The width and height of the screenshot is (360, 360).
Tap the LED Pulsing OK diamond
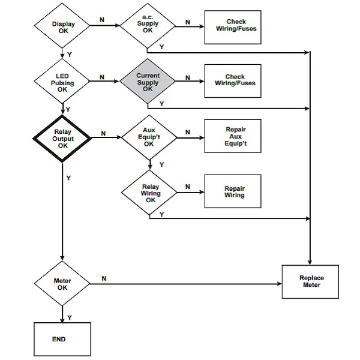(x=62, y=83)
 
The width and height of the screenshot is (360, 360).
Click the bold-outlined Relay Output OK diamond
(x=62, y=137)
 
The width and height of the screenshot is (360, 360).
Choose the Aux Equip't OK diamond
(x=149, y=136)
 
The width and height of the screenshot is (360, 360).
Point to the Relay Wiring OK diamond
(x=151, y=193)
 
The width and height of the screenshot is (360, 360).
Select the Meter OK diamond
(x=62, y=284)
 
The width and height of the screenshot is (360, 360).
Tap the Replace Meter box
(x=311, y=281)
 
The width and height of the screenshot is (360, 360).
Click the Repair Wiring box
(x=235, y=192)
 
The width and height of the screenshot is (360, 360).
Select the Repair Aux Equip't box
(x=235, y=137)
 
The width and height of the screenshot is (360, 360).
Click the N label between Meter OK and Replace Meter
(x=104, y=278)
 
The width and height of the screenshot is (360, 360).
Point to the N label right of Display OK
(x=102, y=20)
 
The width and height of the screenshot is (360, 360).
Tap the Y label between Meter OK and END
(x=70, y=317)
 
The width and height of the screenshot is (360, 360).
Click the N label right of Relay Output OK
(x=104, y=133)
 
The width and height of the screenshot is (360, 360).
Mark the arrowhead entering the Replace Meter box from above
(x=310, y=262)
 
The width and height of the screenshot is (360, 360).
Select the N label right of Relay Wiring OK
(x=187, y=187)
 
